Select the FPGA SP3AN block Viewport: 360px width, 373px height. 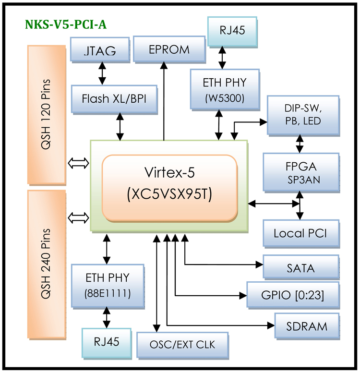(x=301, y=171)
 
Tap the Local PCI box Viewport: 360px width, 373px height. (x=300, y=234)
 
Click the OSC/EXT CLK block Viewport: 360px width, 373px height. (x=182, y=344)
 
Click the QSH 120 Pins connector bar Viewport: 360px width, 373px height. (x=47, y=114)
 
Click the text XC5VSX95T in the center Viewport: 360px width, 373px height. (x=170, y=195)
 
